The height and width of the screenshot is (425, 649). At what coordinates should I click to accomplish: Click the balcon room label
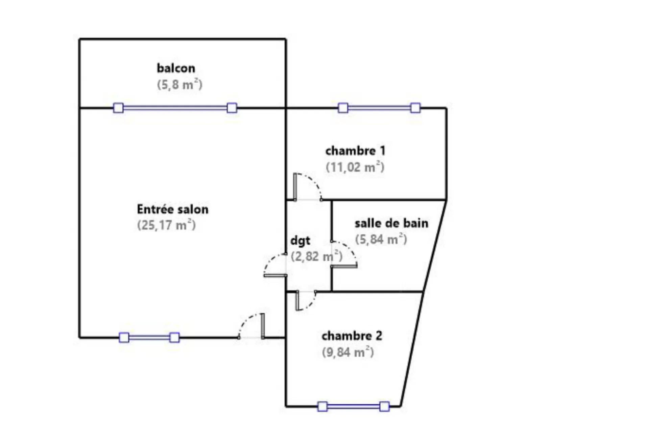[176, 68]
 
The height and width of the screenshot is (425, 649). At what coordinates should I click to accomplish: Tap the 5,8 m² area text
[179, 84]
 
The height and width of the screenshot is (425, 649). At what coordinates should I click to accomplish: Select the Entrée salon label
[172, 209]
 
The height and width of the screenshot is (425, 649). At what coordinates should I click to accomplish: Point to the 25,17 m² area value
[166, 225]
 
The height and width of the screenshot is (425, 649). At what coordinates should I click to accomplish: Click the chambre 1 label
[355, 151]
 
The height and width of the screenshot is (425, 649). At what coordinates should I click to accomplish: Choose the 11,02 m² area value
[355, 167]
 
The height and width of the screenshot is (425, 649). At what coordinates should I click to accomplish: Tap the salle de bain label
[391, 223]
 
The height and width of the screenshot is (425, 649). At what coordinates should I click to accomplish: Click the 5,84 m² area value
[381, 239]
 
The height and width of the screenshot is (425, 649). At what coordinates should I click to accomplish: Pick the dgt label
[300, 241]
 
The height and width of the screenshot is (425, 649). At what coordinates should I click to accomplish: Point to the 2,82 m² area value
[316, 256]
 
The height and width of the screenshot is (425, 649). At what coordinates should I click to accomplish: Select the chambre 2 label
[352, 336]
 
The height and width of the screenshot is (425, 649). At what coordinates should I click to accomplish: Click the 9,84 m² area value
[348, 352]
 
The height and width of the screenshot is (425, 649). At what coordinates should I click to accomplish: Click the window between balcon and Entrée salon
[175, 108]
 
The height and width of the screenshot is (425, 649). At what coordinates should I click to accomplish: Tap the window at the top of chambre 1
[379, 108]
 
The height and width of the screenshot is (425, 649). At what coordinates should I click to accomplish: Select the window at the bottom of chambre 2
[353, 406]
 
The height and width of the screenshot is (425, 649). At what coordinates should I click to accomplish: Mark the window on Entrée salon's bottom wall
[149, 337]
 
